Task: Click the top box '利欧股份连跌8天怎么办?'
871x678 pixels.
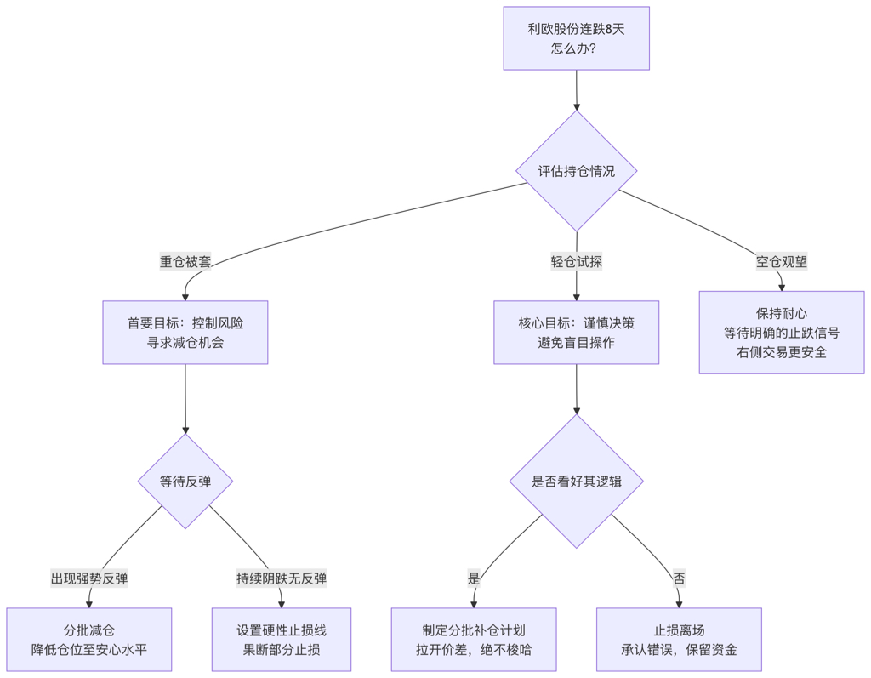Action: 576,38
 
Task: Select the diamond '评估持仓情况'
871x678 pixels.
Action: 576,171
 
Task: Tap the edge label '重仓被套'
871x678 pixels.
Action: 185,262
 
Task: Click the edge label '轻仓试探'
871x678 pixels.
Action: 576,262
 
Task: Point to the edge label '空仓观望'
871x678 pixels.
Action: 782,262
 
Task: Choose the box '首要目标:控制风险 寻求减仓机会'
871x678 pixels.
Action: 185,333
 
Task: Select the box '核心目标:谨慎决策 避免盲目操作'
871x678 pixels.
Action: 576,333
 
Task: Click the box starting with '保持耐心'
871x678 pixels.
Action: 782,333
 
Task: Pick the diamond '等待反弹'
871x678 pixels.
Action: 185,481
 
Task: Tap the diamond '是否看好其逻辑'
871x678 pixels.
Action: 576,481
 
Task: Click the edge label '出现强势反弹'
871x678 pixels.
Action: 89,578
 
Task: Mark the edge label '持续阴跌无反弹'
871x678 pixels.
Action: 282,578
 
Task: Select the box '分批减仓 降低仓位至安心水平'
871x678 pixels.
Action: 89,640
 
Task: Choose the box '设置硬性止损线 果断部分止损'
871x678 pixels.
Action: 282,640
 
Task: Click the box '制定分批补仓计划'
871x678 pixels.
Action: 474,640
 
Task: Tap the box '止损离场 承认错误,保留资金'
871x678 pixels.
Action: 679,640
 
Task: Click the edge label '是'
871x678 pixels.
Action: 474,578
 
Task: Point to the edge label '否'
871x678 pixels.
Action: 679,578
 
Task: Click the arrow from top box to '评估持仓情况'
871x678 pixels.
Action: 576,90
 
